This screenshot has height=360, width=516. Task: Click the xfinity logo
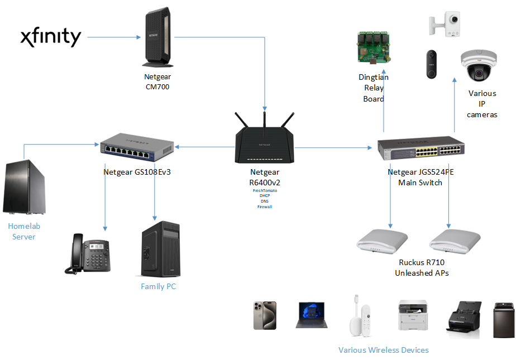pyautogui.click(x=51, y=37)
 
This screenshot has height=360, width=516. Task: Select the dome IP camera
pyautogui.click(x=478, y=66)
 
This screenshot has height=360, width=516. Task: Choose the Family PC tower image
pyautogui.click(x=160, y=249)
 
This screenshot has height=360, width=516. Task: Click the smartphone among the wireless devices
pyautogui.click(x=265, y=316)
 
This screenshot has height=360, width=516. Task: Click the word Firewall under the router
pyautogui.click(x=264, y=207)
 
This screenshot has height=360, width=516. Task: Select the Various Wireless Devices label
pyautogui.click(x=383, y=350)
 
